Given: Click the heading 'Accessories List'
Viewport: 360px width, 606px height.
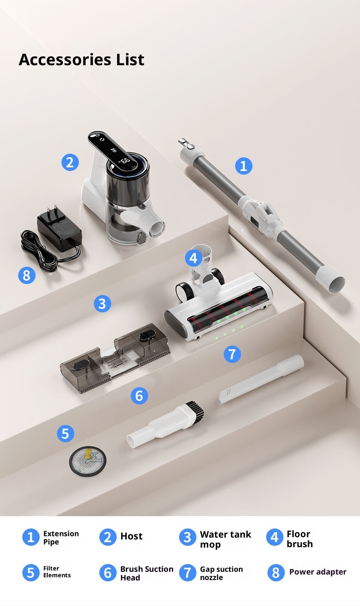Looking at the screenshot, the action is coord(82,60).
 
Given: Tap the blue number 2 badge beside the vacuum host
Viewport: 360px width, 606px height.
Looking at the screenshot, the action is coord(70,162).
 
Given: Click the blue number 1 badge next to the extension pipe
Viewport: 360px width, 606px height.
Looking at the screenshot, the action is coord(243,166).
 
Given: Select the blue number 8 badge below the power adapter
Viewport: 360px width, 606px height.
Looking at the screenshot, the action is coord(27,275).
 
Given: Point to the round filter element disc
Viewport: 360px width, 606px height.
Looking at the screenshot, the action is coord(87,461).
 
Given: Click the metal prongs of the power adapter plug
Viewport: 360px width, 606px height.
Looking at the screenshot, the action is coord(52,210).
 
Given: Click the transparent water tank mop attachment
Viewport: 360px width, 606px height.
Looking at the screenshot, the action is coord(115,358).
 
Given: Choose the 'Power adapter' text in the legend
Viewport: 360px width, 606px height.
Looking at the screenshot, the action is coord(318,572).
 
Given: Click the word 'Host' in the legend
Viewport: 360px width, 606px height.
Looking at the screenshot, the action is coord(131,536).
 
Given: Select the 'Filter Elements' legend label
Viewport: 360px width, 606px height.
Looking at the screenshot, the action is coord(57,571).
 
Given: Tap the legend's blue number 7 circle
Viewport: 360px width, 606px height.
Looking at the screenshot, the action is coord(187,572).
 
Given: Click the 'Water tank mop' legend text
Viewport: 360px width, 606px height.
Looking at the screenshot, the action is coord(226,539).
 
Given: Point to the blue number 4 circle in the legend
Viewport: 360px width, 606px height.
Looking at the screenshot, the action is coord(275,537).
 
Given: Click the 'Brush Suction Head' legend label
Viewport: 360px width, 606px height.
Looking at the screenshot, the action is coord(147,573).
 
